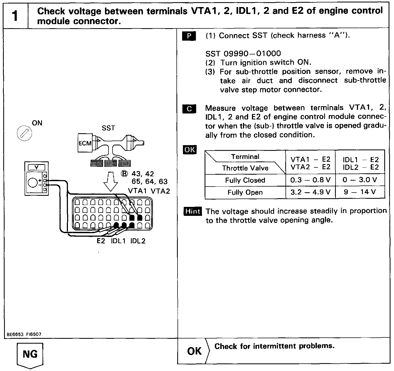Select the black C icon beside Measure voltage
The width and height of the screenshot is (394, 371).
(x=189, y=109)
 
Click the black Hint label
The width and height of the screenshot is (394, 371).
(x=193, y=211)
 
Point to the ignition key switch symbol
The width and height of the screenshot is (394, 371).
(x=24, y=134)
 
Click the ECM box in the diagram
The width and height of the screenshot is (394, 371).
(x=85, y=143)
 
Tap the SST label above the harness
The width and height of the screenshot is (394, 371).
(x=108, y=128)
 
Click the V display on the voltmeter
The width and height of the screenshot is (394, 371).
(x=36, y=168)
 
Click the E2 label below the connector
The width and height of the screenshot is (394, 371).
(x=101, y=241)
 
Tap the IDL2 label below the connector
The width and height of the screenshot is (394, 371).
(x=138, y=241)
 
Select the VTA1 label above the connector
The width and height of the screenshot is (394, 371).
(x=137, y=191)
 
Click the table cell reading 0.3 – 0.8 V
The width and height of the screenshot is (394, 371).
(x=310, y=180)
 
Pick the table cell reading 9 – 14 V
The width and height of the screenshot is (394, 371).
(x=360, y=192)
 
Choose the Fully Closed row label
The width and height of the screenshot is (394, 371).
(x=245, y=180)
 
